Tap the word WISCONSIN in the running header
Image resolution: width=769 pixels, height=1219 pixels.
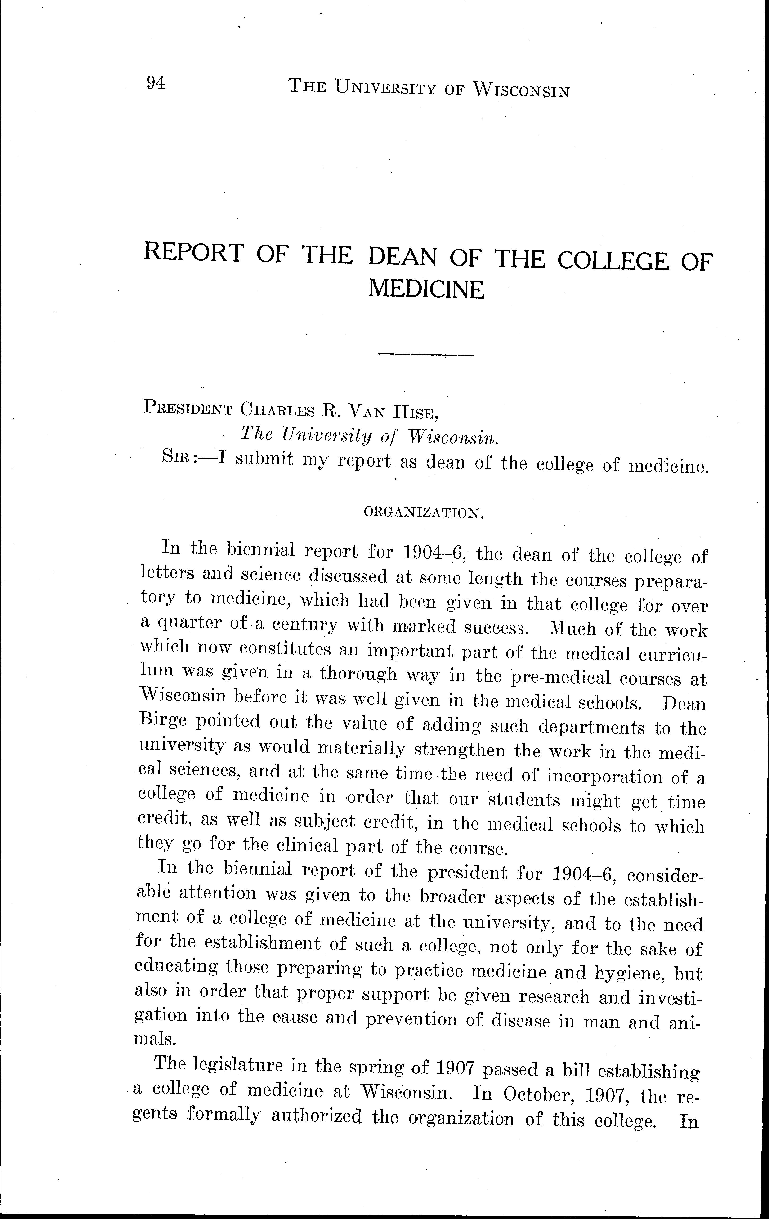[521, 90]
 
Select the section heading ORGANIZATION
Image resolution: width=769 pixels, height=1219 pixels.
[424, 513]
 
